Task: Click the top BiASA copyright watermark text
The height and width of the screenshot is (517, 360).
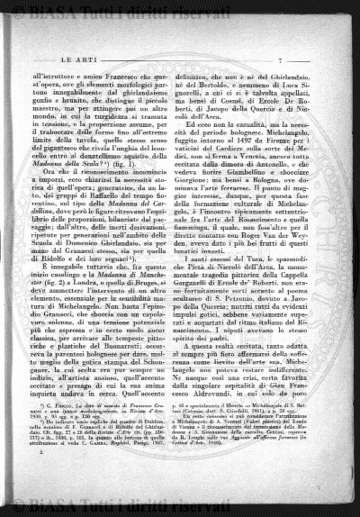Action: click(180, 11)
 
